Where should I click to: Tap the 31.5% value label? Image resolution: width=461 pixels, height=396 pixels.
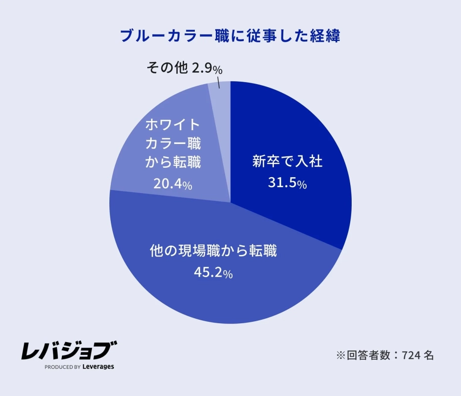tap(287, 184)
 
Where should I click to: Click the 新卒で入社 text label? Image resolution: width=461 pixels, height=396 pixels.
tap(287, 162)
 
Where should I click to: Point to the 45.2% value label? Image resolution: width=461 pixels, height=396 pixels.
tap(213, 273)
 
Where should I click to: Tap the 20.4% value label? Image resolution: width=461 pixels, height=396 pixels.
tap(173, 185)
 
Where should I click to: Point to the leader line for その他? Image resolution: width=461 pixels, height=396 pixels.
tap(218, 82)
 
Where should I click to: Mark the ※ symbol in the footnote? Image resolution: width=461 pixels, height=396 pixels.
tap(340, 355)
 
